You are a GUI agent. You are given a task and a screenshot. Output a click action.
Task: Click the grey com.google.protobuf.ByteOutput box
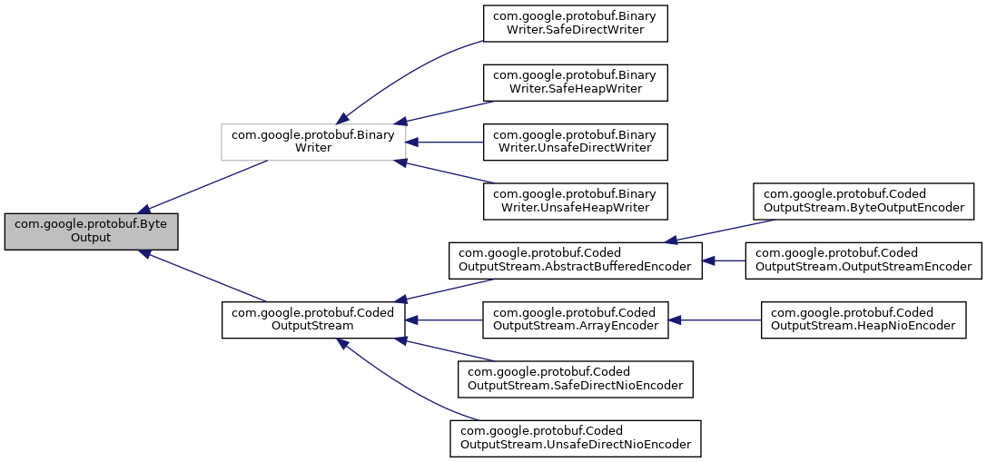[x=91, y=231]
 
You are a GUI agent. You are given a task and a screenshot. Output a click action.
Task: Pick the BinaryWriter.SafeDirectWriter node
[x=575, y=23]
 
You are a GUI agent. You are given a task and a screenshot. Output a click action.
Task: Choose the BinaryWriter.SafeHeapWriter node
[x=575, y=83]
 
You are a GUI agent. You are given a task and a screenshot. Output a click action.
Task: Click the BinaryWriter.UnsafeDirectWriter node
[x=575, y=142]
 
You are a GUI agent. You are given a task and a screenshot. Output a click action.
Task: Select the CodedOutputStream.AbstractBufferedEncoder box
[x=575, y=260]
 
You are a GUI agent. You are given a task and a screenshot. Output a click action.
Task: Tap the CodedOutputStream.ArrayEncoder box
[x=575, y=319]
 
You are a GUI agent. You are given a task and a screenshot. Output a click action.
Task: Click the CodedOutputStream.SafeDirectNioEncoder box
[x=575, y=378]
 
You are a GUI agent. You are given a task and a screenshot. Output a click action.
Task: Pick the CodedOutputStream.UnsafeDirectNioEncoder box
[x=575, y=438]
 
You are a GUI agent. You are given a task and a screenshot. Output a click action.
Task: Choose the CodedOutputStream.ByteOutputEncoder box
[x=863, y=202]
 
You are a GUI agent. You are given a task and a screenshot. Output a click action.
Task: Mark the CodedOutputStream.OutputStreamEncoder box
[x=863, y=260]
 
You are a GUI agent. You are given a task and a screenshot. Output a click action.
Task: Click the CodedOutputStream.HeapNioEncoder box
[x=863, y=319]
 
